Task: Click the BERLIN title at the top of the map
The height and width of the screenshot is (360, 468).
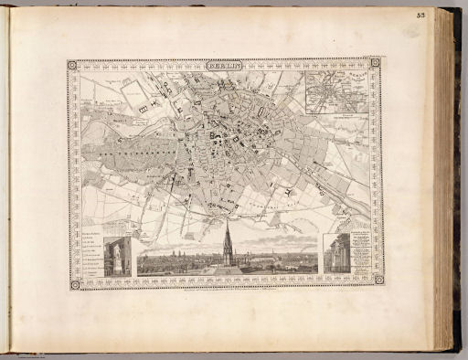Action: pos(225,65)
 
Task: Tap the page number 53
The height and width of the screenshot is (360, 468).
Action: pos(446,15)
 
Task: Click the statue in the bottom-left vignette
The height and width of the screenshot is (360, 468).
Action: pos(118,257)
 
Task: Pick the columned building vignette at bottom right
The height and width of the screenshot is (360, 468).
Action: pos(336,254)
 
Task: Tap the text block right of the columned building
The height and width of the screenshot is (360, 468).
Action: pos(360,254)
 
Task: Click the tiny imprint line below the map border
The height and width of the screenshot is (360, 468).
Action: pos(226,291)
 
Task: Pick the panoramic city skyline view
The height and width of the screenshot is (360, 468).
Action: pos(228,260)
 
